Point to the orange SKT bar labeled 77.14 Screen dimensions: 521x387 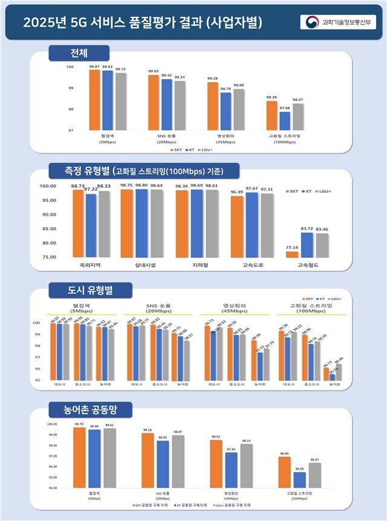point(292,254)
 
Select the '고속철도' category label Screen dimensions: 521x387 point(307,265)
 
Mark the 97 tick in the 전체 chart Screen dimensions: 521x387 point(70,130)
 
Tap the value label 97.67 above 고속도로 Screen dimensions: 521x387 point(251,188)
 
